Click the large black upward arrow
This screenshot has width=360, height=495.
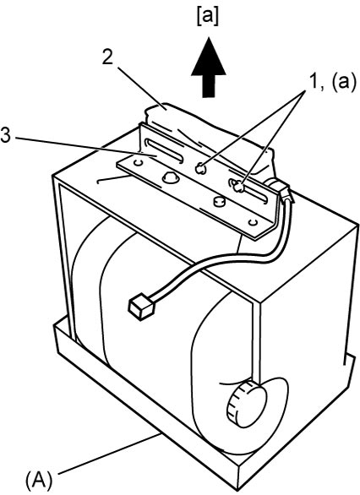click(x=209, y=67)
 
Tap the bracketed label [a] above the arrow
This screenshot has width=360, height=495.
click(x=207, y=18)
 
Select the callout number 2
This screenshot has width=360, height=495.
click(x=107, y=57)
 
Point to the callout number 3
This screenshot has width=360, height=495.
click(x=5, y=136)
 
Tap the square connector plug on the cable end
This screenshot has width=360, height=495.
click(x=140, y=305)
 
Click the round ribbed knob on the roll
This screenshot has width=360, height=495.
click(x=248, y=404)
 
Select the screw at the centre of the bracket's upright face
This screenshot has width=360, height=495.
click(x=200, y=169)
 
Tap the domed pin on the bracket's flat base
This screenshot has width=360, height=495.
click(x=171, y=177)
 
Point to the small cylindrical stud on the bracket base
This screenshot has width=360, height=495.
click(x=218, y=202)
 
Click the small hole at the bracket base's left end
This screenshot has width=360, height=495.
click(x=138, y=163)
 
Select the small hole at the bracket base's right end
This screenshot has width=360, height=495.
click(x=253, y=222)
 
